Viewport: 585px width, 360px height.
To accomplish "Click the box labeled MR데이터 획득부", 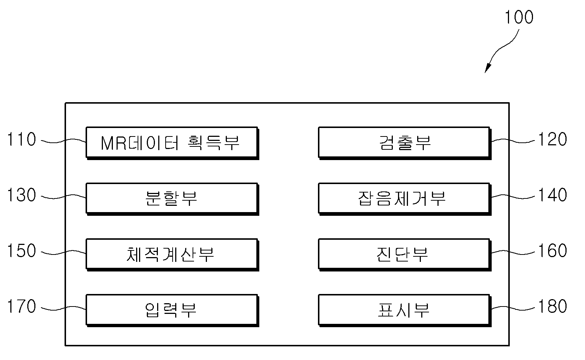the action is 172,143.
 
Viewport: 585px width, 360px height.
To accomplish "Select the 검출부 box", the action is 405,143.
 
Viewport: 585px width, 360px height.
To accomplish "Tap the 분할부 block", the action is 172,199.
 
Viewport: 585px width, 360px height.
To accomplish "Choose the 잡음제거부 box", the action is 405,199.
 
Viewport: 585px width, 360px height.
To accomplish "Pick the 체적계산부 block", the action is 172,255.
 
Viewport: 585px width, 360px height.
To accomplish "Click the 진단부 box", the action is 405,255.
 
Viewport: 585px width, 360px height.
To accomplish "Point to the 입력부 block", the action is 172,310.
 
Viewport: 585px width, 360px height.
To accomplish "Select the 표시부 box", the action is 405,310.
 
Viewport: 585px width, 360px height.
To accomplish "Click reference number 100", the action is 519,17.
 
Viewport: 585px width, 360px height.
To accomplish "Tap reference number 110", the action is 21,139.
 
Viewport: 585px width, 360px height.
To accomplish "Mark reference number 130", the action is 21,195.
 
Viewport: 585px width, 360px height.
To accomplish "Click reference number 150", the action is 21,250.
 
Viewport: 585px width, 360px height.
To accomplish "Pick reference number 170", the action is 21,306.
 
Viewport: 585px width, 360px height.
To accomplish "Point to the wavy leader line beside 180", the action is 513,308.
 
